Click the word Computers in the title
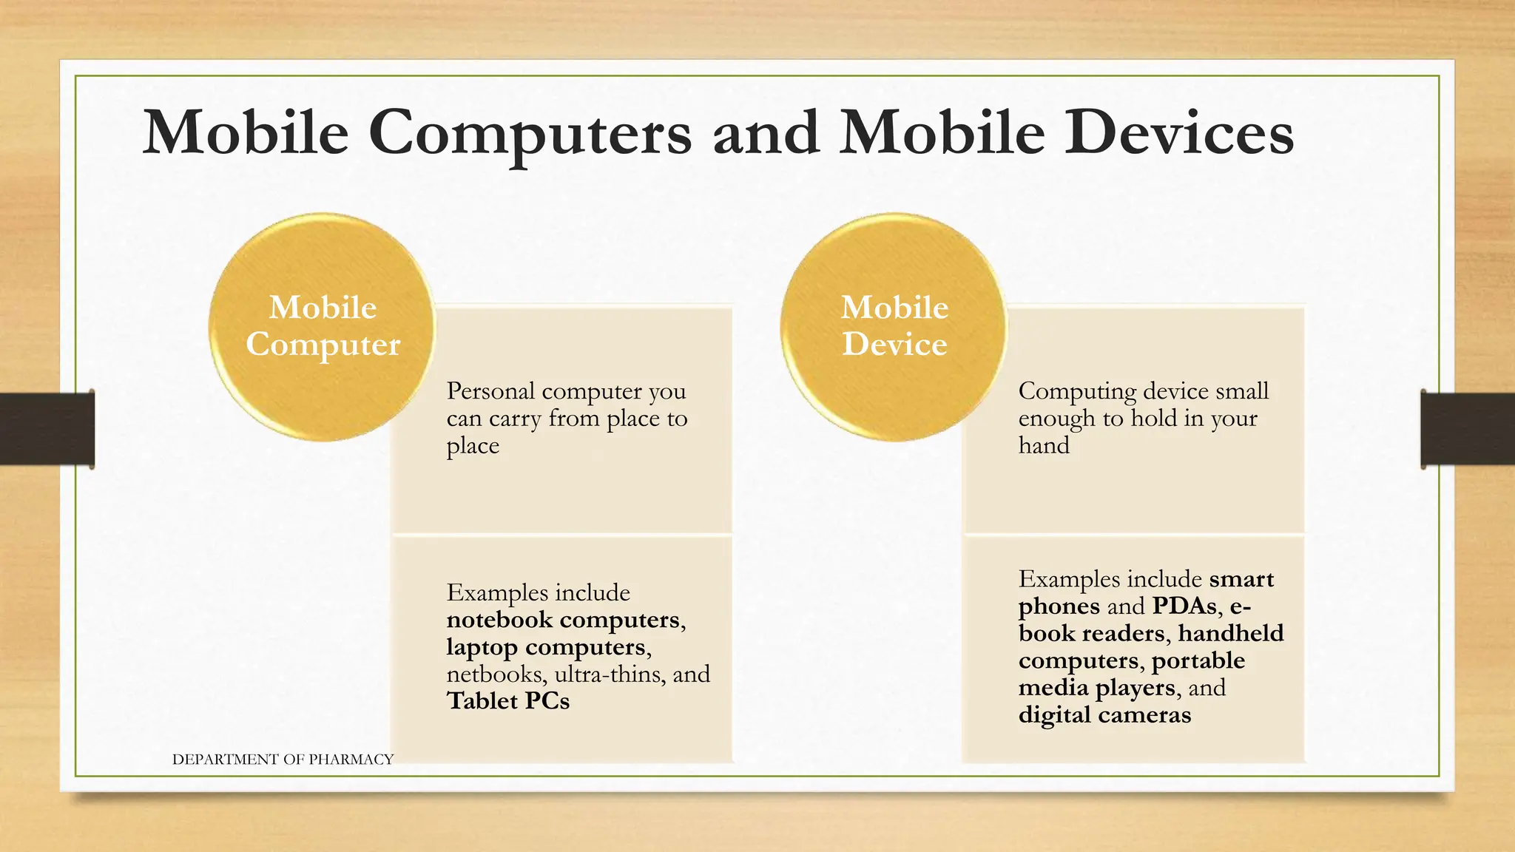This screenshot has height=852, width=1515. tap(529, 134)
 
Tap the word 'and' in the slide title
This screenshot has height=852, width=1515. tap(766, 134)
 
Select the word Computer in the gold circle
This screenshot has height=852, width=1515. tap(323, 345)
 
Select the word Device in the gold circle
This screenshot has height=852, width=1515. tap(894, 345)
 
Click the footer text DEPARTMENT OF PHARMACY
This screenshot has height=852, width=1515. tap(283, 760)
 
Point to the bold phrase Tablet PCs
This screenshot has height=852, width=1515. tap(508, 701)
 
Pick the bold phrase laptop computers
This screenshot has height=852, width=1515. tap(546, 647)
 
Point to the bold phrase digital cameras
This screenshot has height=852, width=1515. tap(1104, 715)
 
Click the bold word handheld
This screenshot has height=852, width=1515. tap(1231, 634)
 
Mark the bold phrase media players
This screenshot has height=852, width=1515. tap(1096, 688)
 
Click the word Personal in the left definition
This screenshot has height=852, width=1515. tap(490, 390)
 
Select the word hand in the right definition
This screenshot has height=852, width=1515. tap(1044, 445)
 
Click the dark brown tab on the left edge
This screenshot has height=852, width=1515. tap(47, 429)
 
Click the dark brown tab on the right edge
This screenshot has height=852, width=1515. tap(1468, 429)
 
